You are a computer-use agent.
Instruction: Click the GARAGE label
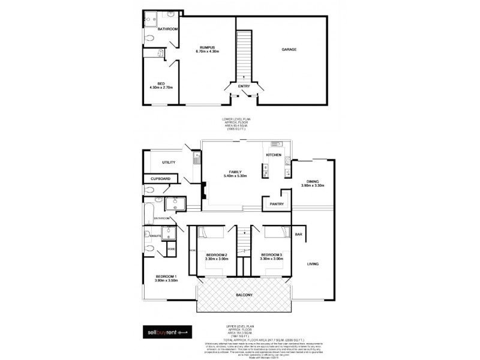pos(289,50)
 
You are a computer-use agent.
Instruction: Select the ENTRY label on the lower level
pos(244,86)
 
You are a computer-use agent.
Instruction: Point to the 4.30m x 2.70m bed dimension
pos(161,88)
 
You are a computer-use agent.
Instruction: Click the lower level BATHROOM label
pos(167,29)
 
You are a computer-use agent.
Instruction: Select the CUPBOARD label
pos(161,178)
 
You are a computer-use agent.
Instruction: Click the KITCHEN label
pos(274,155)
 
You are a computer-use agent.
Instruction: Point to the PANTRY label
pos(277,205)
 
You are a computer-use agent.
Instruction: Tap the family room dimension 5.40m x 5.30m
pos(235,176)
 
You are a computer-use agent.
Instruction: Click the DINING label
pos(313,182)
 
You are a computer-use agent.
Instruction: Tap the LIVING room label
pos(313,264)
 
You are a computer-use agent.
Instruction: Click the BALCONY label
pos(244,295)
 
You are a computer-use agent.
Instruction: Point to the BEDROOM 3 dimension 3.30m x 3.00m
pos(272,259)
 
